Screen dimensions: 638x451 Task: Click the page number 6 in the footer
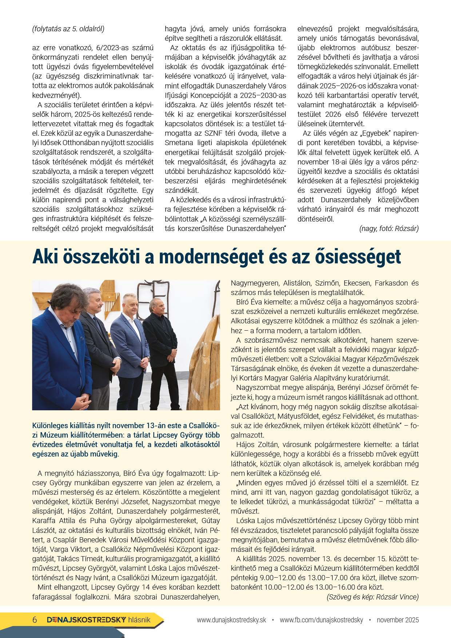pos(35,620)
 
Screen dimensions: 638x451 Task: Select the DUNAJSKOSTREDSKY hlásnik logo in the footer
pos(99,620)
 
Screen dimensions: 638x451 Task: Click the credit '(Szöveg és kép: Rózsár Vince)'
pos(372,597)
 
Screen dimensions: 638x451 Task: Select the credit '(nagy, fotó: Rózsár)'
pos(389,228)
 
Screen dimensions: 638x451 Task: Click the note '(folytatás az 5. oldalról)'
pos(68,29)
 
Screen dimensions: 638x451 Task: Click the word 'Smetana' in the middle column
pos(178,143)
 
